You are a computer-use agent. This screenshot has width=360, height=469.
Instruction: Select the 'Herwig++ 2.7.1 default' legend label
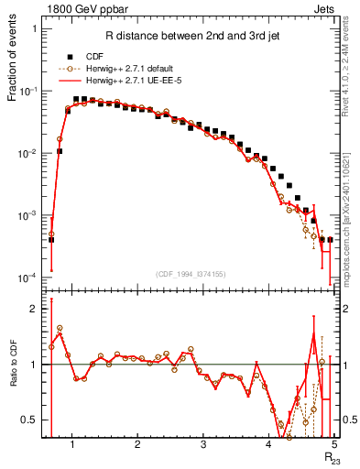[x=139, y=69]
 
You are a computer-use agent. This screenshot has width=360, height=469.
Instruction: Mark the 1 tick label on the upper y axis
[x=34, y=29]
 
